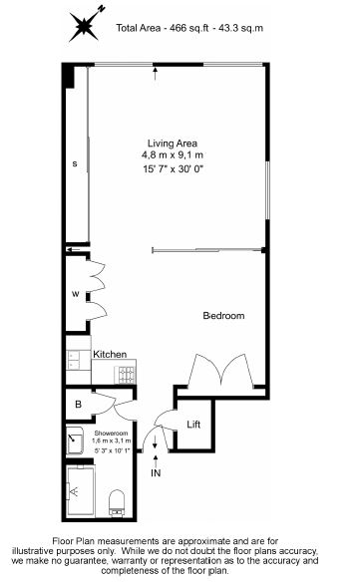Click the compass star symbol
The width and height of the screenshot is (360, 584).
pyautogui.click(x=85, y=25)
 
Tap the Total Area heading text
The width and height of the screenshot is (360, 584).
pyautogui.click(x=189, y=28)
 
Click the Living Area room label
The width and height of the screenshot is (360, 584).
pyautogui.click(x=173, y=144)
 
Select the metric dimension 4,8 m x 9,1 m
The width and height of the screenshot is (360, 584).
pyautogui.click(x=173, y=154)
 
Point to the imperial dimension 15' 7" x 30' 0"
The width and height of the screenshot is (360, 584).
pyautogui.click(x=173, y=169)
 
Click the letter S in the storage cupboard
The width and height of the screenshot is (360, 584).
pyautogui.click(x=75, y=163)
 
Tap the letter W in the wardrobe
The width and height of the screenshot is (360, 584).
pyautogui.click(x=76, y=294)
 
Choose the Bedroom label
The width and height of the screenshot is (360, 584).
pyautogui.click(x=223, y=316)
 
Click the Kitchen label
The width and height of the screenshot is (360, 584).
pyautogui.click(x=110, y=354)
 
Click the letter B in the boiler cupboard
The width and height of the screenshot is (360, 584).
pyautogui.click(x=78, y=404)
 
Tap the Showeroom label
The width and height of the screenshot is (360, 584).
pyautogui.click(x=111, y=434)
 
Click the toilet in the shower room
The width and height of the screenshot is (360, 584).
pyautogui.click(x=117, y=503)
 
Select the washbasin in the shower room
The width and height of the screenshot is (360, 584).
pyautogui.click(x=75, y=440)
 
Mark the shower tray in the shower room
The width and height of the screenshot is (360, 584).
pyautogui.click(x=81, y=491)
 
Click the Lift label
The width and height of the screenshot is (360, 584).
pyautogui.click(x=193, y=425)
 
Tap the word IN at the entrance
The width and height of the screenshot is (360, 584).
pyautogui.click(x=156, y=473)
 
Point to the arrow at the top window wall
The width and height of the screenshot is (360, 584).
pyautogui.click(x=155, y=74)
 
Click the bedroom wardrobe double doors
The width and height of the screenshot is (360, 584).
pyautogui.click(x=221, y=370)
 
